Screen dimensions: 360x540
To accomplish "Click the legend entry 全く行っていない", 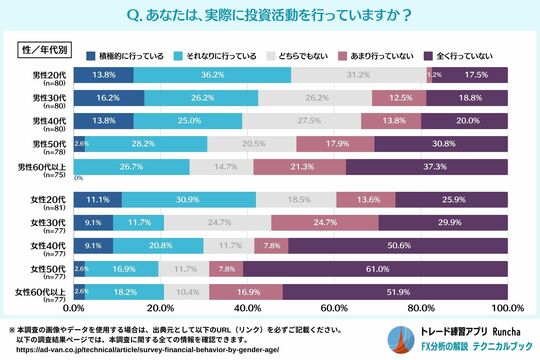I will pyautogui.click(x=464, y=55).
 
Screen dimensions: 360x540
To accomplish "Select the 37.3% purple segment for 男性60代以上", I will pyautogui.click(x=427, y=166).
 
